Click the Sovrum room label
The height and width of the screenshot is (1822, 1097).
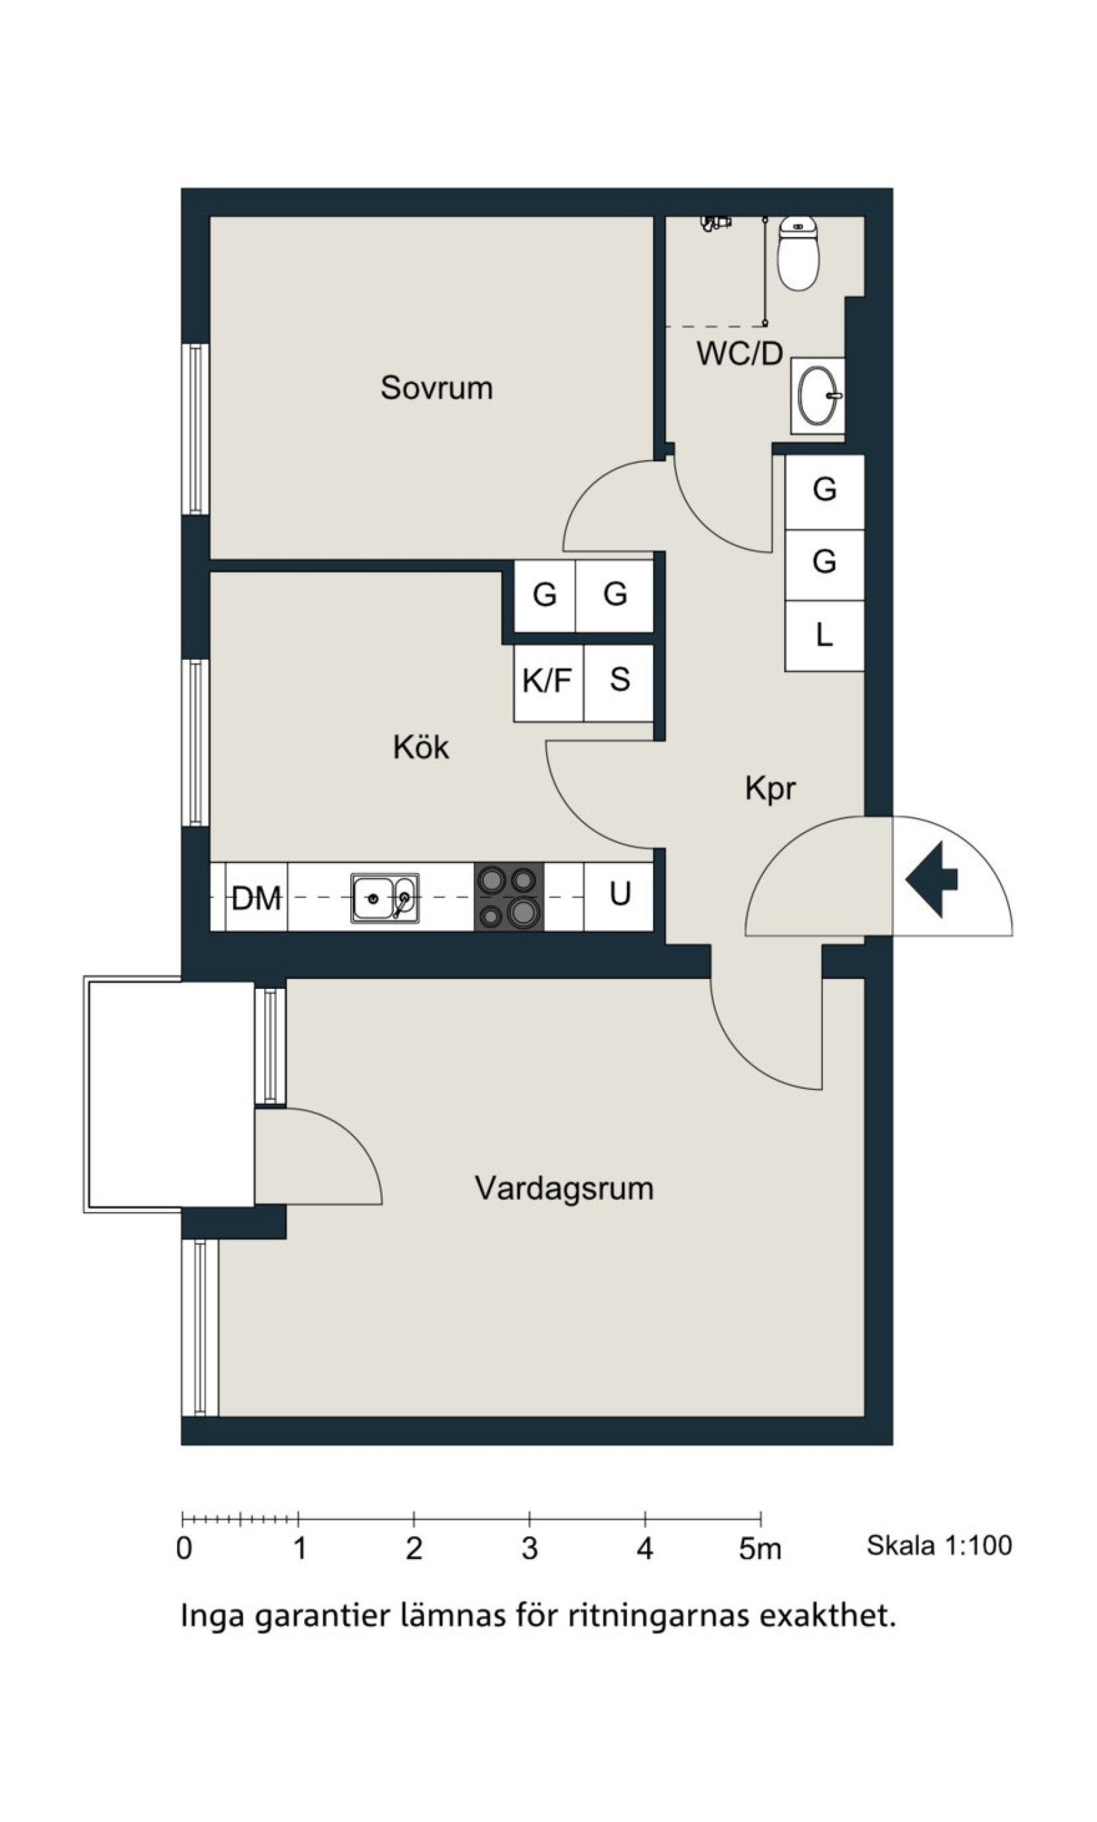click(436, 388)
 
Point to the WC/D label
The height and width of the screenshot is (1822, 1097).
click(740, 354)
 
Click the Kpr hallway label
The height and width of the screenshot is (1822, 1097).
click(770, 788)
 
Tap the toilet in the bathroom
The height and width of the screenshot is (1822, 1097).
click(798, 253)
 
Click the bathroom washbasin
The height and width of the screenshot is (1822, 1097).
click(817, 396)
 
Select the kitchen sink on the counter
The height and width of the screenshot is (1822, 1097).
click(384, 898)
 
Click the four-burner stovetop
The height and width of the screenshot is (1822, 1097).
click(509, 897)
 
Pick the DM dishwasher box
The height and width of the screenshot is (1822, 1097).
click(256, 897)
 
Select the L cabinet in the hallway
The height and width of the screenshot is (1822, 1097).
click(824, 636)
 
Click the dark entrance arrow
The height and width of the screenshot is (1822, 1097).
click(931, 879)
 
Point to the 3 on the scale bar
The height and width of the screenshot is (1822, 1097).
click(529, 1548)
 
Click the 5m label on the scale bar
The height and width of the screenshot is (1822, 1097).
click(760, 1548)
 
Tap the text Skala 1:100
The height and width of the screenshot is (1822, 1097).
click(939, 1545)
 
